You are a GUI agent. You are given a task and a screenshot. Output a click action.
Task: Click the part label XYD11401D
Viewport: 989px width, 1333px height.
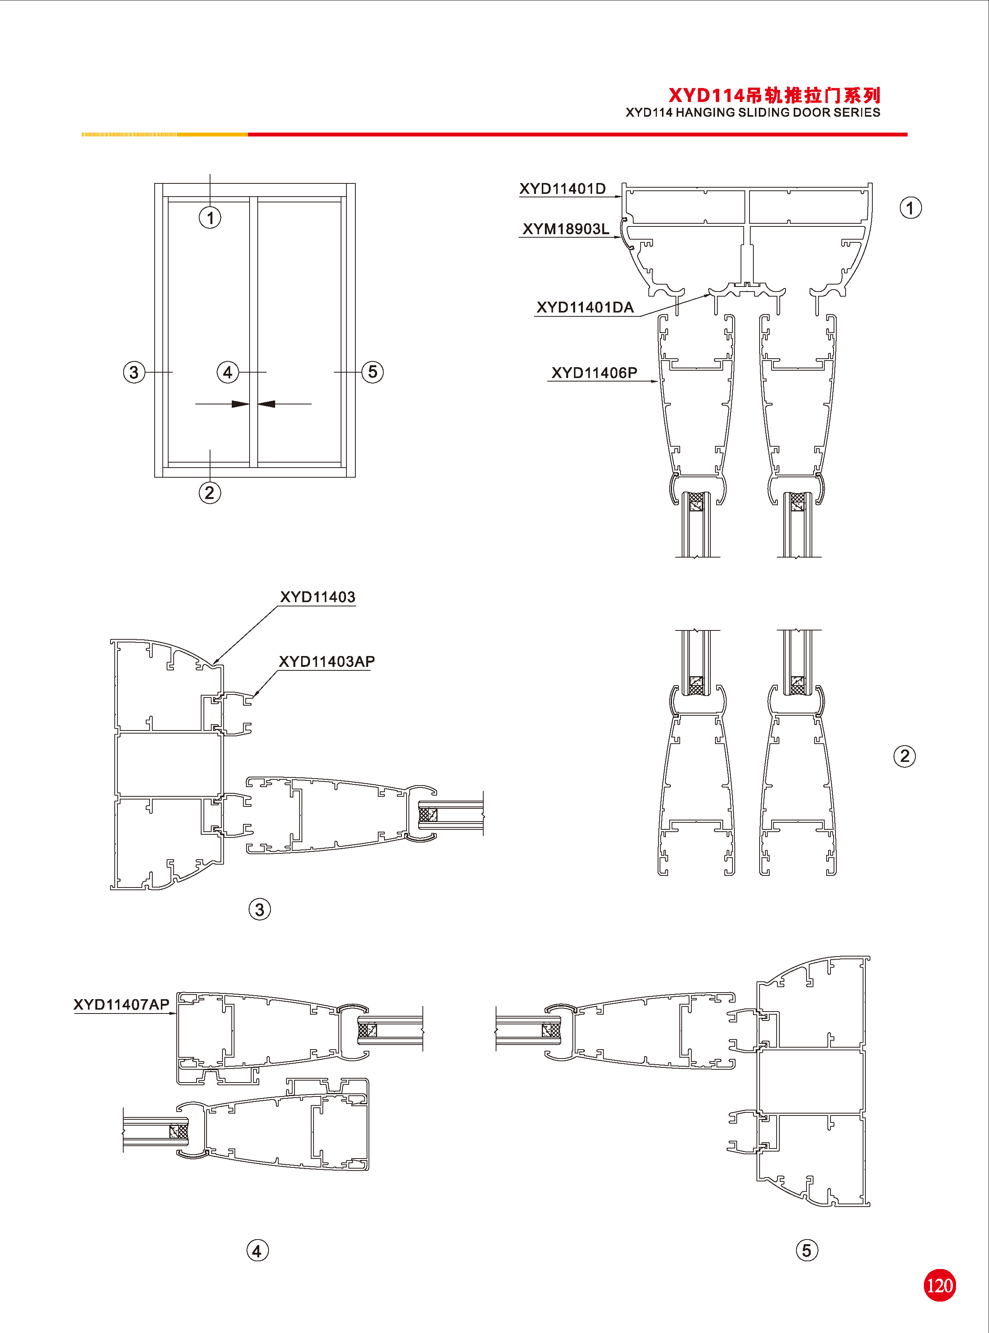(x=562, y=189)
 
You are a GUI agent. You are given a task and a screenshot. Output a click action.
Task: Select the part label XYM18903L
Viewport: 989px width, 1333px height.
(x=566, y=229)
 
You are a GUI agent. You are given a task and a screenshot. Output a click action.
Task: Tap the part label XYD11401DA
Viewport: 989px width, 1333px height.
(x=584, y=307)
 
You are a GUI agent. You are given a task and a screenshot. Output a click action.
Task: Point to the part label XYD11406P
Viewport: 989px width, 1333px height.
(x=594, y=373)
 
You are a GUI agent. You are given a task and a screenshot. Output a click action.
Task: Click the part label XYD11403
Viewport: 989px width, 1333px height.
(x=317, y=597)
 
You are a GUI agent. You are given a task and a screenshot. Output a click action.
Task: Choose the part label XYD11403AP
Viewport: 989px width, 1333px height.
(x=327, y=662)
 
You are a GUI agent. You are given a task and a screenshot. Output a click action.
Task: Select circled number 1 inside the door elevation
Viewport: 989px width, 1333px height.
(x=210, y=218)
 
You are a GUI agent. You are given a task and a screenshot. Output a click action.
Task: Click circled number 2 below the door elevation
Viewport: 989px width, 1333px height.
(x=210, y=493)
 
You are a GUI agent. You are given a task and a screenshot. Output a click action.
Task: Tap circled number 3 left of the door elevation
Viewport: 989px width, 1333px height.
(x=134, y=372)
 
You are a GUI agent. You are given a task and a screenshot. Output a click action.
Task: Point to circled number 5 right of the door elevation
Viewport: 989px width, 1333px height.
(x=372, y=372)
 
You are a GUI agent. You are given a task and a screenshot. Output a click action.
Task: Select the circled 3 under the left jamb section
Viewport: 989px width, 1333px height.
(x=260, y=910)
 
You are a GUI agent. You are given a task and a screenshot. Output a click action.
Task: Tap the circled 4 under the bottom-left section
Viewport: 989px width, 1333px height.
(x=257, y=1251)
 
